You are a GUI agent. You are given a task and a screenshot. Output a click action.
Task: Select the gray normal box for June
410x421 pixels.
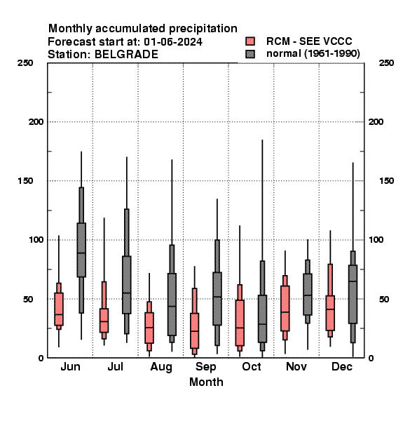coord(81,250)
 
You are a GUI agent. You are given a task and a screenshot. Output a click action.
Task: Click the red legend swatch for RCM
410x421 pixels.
coord(250,41)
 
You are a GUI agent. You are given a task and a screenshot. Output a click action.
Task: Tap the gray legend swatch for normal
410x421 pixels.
coord(250,54)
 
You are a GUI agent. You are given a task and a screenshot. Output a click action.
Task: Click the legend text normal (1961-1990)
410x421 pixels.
coord(313,54)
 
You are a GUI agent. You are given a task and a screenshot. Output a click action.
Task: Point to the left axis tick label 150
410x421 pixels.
coord(25,181)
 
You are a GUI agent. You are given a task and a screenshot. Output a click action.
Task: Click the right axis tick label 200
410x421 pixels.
coord(376,121)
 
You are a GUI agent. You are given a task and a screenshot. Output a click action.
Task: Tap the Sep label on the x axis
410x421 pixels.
coord(205,367)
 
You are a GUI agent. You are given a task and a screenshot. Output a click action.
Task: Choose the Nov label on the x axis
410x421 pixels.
coord(296,366)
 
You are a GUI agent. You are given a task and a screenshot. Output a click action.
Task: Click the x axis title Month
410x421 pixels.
coord(206,382)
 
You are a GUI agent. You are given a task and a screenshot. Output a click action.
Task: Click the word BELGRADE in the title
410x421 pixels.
coord(127,55)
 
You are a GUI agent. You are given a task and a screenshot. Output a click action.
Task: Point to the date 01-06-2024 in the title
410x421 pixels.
coord(173,41)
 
